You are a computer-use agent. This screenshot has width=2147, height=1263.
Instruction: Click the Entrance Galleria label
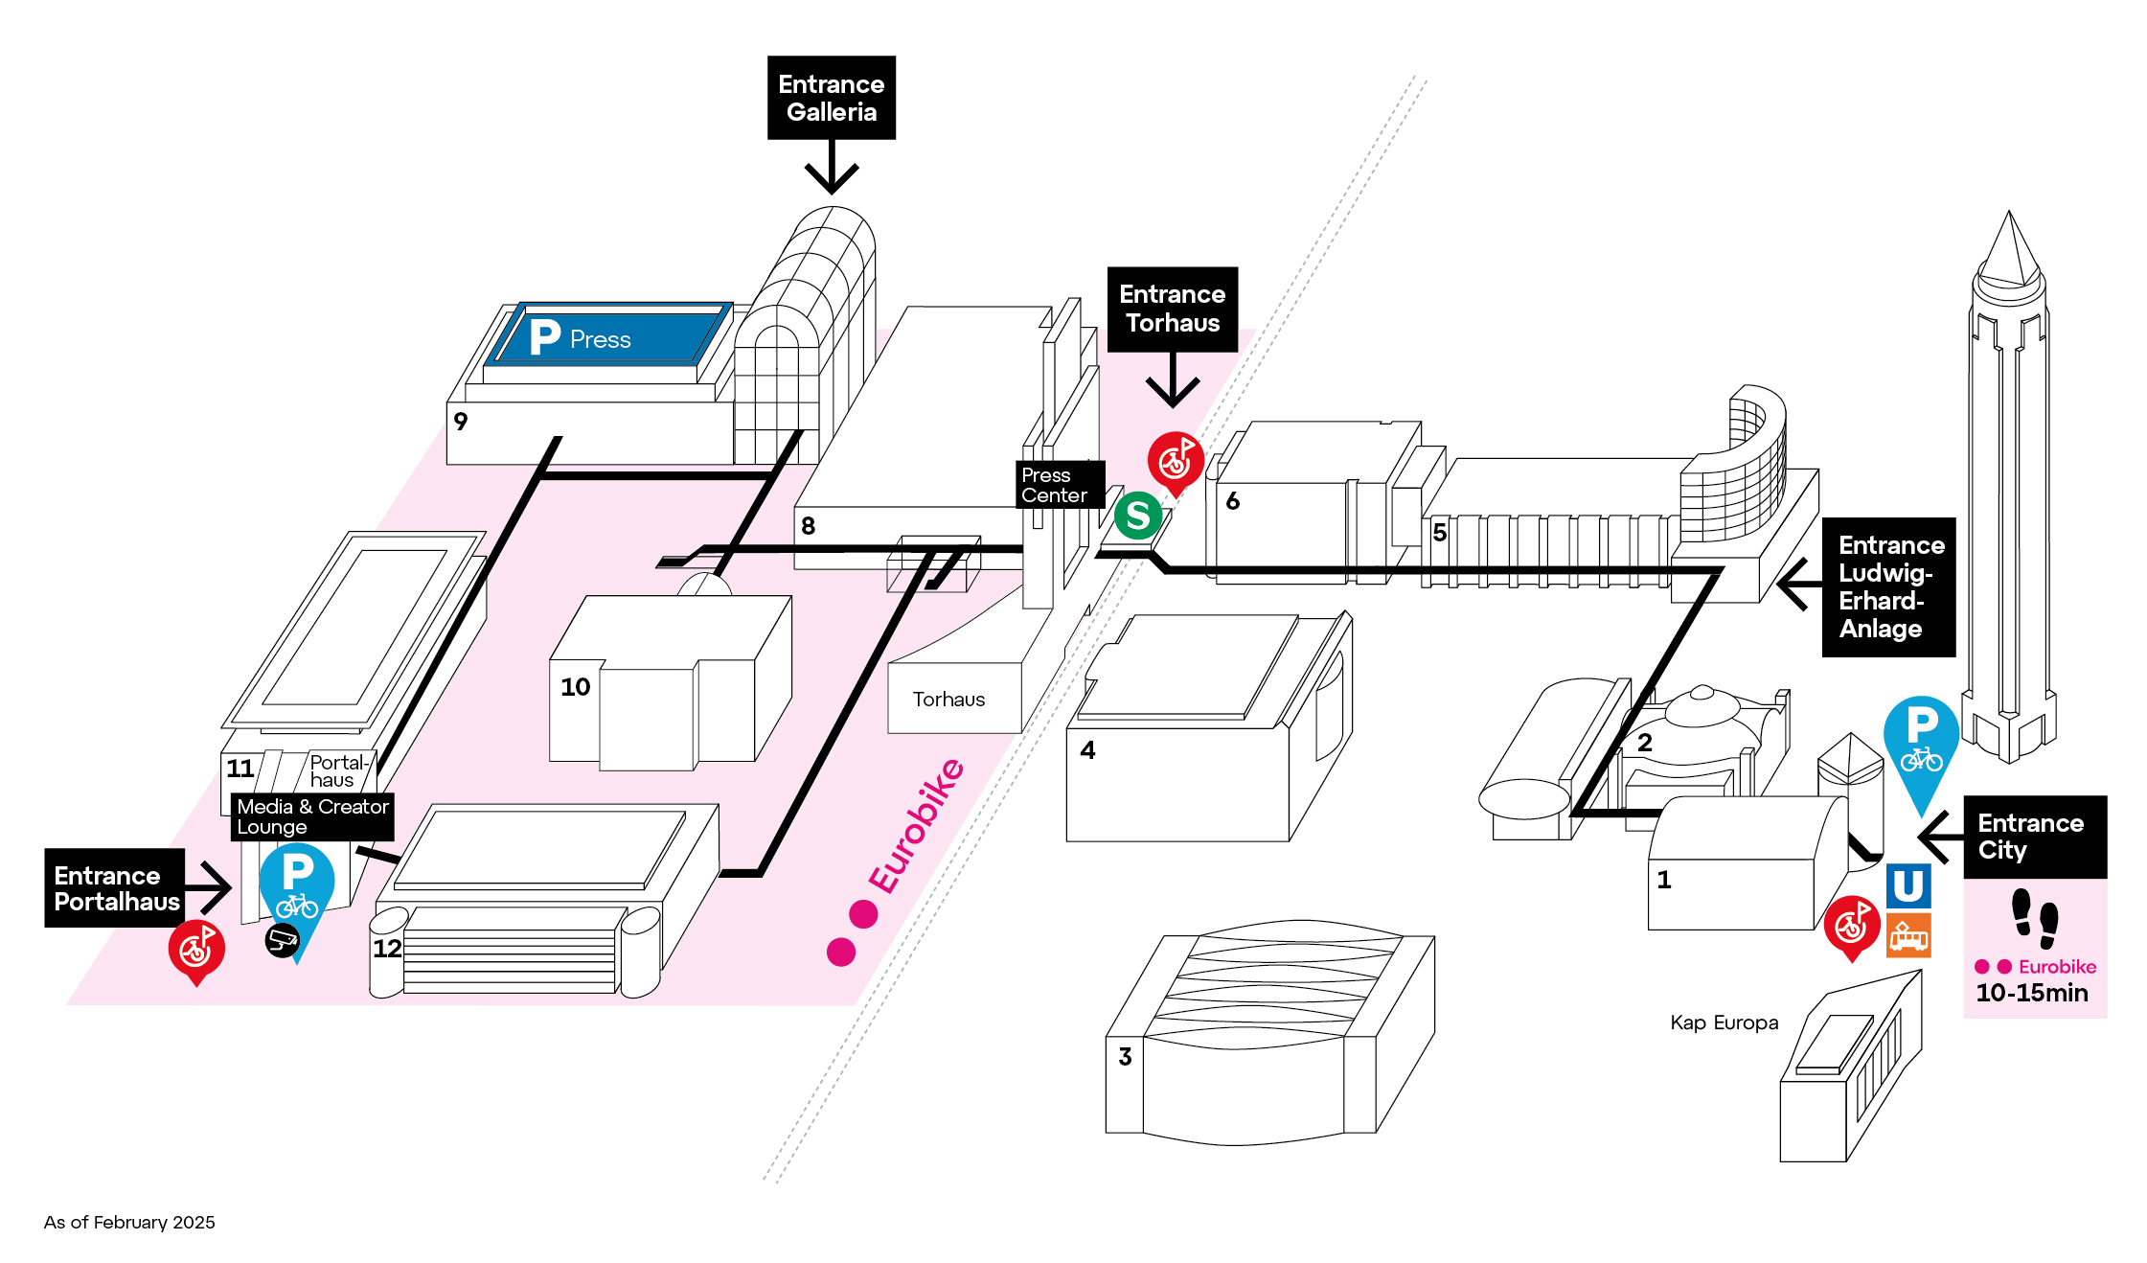(x=831, y=98)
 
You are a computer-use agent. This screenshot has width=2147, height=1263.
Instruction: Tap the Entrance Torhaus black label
(x=1172, y=309)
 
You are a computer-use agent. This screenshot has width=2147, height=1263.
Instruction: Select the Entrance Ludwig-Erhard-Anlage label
(x=1887, y=586)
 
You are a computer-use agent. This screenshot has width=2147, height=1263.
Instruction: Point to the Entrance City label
(x=2034, y=837)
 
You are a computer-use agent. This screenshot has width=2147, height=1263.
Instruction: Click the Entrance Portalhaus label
(x=115, y=888)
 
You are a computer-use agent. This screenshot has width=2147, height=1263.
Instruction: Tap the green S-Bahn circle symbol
(x=1138, y=516)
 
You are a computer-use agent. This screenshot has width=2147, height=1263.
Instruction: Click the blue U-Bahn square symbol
(x=1907, y=885)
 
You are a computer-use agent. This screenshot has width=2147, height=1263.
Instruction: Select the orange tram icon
(x=1907, y=935)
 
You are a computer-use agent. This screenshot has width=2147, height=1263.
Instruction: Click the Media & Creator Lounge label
(x=312, y=816)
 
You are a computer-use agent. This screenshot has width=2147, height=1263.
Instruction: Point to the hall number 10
(x=575, y=687)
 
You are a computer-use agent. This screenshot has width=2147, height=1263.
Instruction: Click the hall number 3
(x=1125, y=1056)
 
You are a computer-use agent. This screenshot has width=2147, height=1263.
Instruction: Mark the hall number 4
(x=1087, y=749)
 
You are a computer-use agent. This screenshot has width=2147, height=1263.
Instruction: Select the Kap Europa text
(x=1724, y=1022)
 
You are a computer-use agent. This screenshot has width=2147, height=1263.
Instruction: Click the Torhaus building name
(x=948, y=700)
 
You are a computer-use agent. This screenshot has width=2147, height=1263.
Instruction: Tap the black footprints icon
(x=2034, y=918)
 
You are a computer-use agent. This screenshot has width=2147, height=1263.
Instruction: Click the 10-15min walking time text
(x=2031, y=993)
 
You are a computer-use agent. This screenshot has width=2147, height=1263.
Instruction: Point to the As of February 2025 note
(x=129, y=1223)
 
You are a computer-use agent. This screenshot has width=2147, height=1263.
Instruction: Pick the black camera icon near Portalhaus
(x=282, y=940)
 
